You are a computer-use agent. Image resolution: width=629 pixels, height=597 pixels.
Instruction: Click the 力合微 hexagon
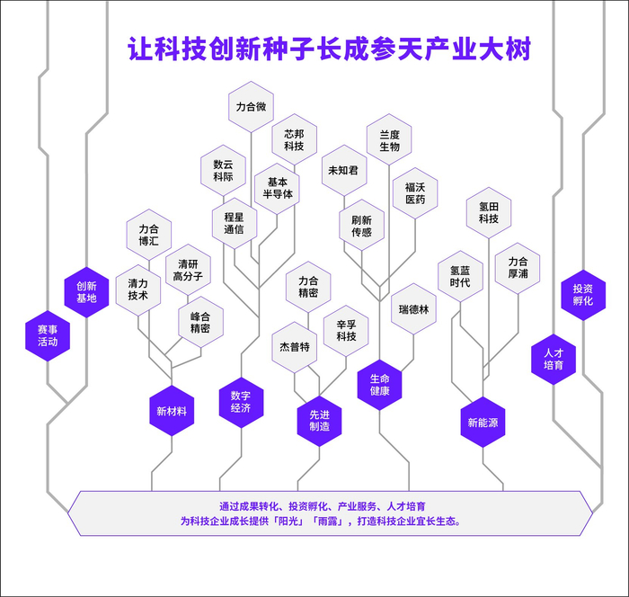pyautogui.click(x=251, y=107)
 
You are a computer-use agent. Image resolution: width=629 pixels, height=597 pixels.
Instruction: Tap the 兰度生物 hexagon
pyautogui.click(x=389, y=139)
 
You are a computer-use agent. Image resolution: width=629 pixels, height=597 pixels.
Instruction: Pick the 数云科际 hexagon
pyautogui.click(x=223, y=171)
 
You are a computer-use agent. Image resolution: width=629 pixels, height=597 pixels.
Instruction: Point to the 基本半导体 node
pyautogui.click(x=278, y=187)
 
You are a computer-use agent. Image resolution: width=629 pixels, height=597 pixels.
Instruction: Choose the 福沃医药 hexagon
pyautogui.click(x=415, y=193)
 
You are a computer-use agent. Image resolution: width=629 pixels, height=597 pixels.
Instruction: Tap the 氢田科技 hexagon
pyautogui.click(x=489, y=212)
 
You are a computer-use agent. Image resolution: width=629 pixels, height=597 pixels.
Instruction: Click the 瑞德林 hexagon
pyautogui.click(x=414, y=309)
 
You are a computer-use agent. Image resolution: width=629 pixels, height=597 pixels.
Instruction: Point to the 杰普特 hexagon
pyautogui.click(x=295, y=347)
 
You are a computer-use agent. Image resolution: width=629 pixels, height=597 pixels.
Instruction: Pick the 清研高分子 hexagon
pyautogui.click(x=188, y=270)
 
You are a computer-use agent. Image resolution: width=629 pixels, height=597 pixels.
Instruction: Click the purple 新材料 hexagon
pyautogui.click(x=171, y=411)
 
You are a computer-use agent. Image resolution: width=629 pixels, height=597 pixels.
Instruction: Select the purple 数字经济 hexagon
pyautogui.click(x=241, y=401)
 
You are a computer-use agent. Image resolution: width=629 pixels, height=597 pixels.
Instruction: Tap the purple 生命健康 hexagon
pyautogui.click(x=379, y=384)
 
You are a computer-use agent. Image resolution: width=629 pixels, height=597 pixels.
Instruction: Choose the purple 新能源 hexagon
pyautogui.click(x=483, y=422)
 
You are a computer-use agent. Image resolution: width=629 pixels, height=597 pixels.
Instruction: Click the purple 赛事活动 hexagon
pyautogui.click(x=48, y=335)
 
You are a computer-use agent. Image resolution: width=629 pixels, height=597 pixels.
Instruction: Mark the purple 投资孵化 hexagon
pyautogui.click(x=583, y=295)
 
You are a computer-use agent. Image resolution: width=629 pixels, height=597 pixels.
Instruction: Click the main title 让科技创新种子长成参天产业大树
pyautogui.click(x=328, y=48)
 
